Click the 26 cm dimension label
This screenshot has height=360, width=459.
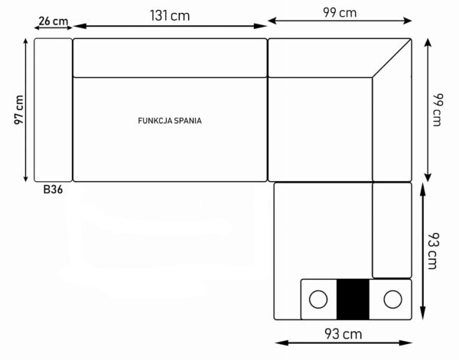point(54,21)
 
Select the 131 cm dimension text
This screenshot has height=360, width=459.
point(170,15)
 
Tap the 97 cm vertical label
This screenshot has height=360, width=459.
point(18,109)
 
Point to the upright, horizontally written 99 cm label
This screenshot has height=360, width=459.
point(340,12)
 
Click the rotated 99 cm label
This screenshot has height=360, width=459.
point(438,109)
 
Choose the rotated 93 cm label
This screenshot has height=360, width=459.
point(434,251)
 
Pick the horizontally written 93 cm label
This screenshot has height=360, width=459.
point(343,334)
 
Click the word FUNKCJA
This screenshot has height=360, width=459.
point(155,121)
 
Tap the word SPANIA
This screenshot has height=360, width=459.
point(188,121)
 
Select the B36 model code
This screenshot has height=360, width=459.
point(53,190)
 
